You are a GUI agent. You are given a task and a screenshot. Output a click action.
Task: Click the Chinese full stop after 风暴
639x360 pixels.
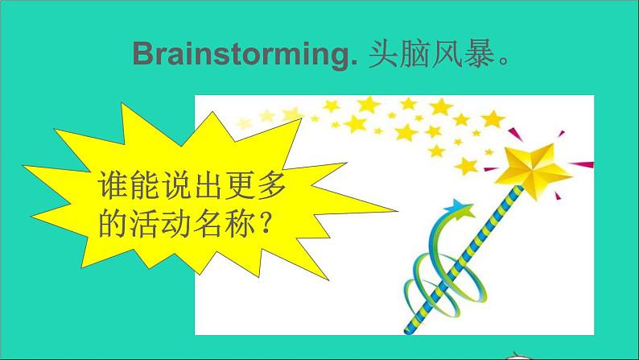point(505,61)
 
